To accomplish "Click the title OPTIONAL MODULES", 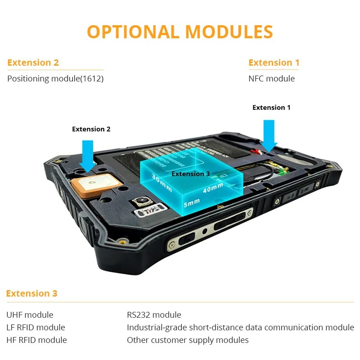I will click(180, 32).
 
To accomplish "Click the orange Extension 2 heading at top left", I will click(33, 63).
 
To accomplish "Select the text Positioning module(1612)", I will click(55, 78).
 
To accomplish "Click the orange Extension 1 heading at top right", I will click(274, 63).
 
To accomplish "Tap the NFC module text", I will click(271, 78).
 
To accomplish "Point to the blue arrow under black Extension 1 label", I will click(270, 134).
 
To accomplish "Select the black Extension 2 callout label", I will click(91, 129).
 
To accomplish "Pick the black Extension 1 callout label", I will click(271, 108).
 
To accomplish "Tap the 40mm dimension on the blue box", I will click(212, 188).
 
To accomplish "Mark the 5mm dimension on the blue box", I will click(192, 203).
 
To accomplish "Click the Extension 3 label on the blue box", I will click(191, 174).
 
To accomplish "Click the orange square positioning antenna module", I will click(96, 185).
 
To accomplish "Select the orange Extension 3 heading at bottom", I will click(31, 293).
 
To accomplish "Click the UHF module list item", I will click(30, 315).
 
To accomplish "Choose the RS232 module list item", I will click(154, 315).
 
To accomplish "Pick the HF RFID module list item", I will click(36, 340).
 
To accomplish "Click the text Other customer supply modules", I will click(188, 340).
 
